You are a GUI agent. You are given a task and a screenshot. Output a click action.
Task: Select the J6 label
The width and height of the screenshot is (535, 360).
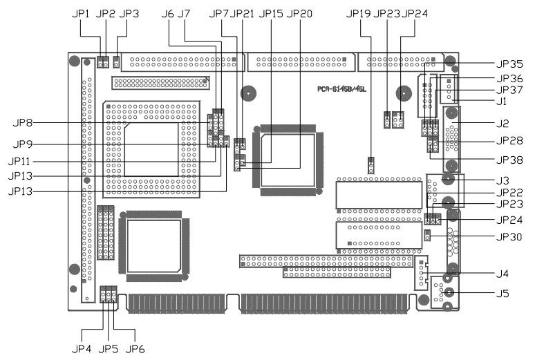[167, 13]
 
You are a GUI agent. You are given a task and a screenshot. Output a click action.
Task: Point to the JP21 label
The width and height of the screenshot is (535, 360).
[243, 13]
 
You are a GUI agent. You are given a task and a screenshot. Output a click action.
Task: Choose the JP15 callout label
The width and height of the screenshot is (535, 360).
[271, 13]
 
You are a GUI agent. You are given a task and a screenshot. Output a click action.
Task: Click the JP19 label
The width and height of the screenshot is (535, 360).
[357, 13]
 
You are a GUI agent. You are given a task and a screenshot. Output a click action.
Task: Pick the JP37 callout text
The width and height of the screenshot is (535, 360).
[509, 90]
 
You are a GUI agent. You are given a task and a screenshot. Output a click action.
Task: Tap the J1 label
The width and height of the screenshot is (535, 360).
[501, 102]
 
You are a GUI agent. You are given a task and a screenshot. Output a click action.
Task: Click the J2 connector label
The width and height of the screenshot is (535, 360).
[502, 124]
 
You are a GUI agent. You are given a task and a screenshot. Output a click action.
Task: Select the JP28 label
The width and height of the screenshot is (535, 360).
[509, 142]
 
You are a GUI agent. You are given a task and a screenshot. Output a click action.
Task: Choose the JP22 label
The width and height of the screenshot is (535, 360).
[509, 192]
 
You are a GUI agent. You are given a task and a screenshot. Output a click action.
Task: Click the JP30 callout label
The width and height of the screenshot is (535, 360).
[509, 236]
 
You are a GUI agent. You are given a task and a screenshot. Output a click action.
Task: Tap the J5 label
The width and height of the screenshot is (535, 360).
[502, 294]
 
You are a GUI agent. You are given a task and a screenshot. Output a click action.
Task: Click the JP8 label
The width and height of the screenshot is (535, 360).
[23, 123]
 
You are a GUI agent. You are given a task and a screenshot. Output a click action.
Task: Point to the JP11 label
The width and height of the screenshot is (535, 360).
[23, 161]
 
